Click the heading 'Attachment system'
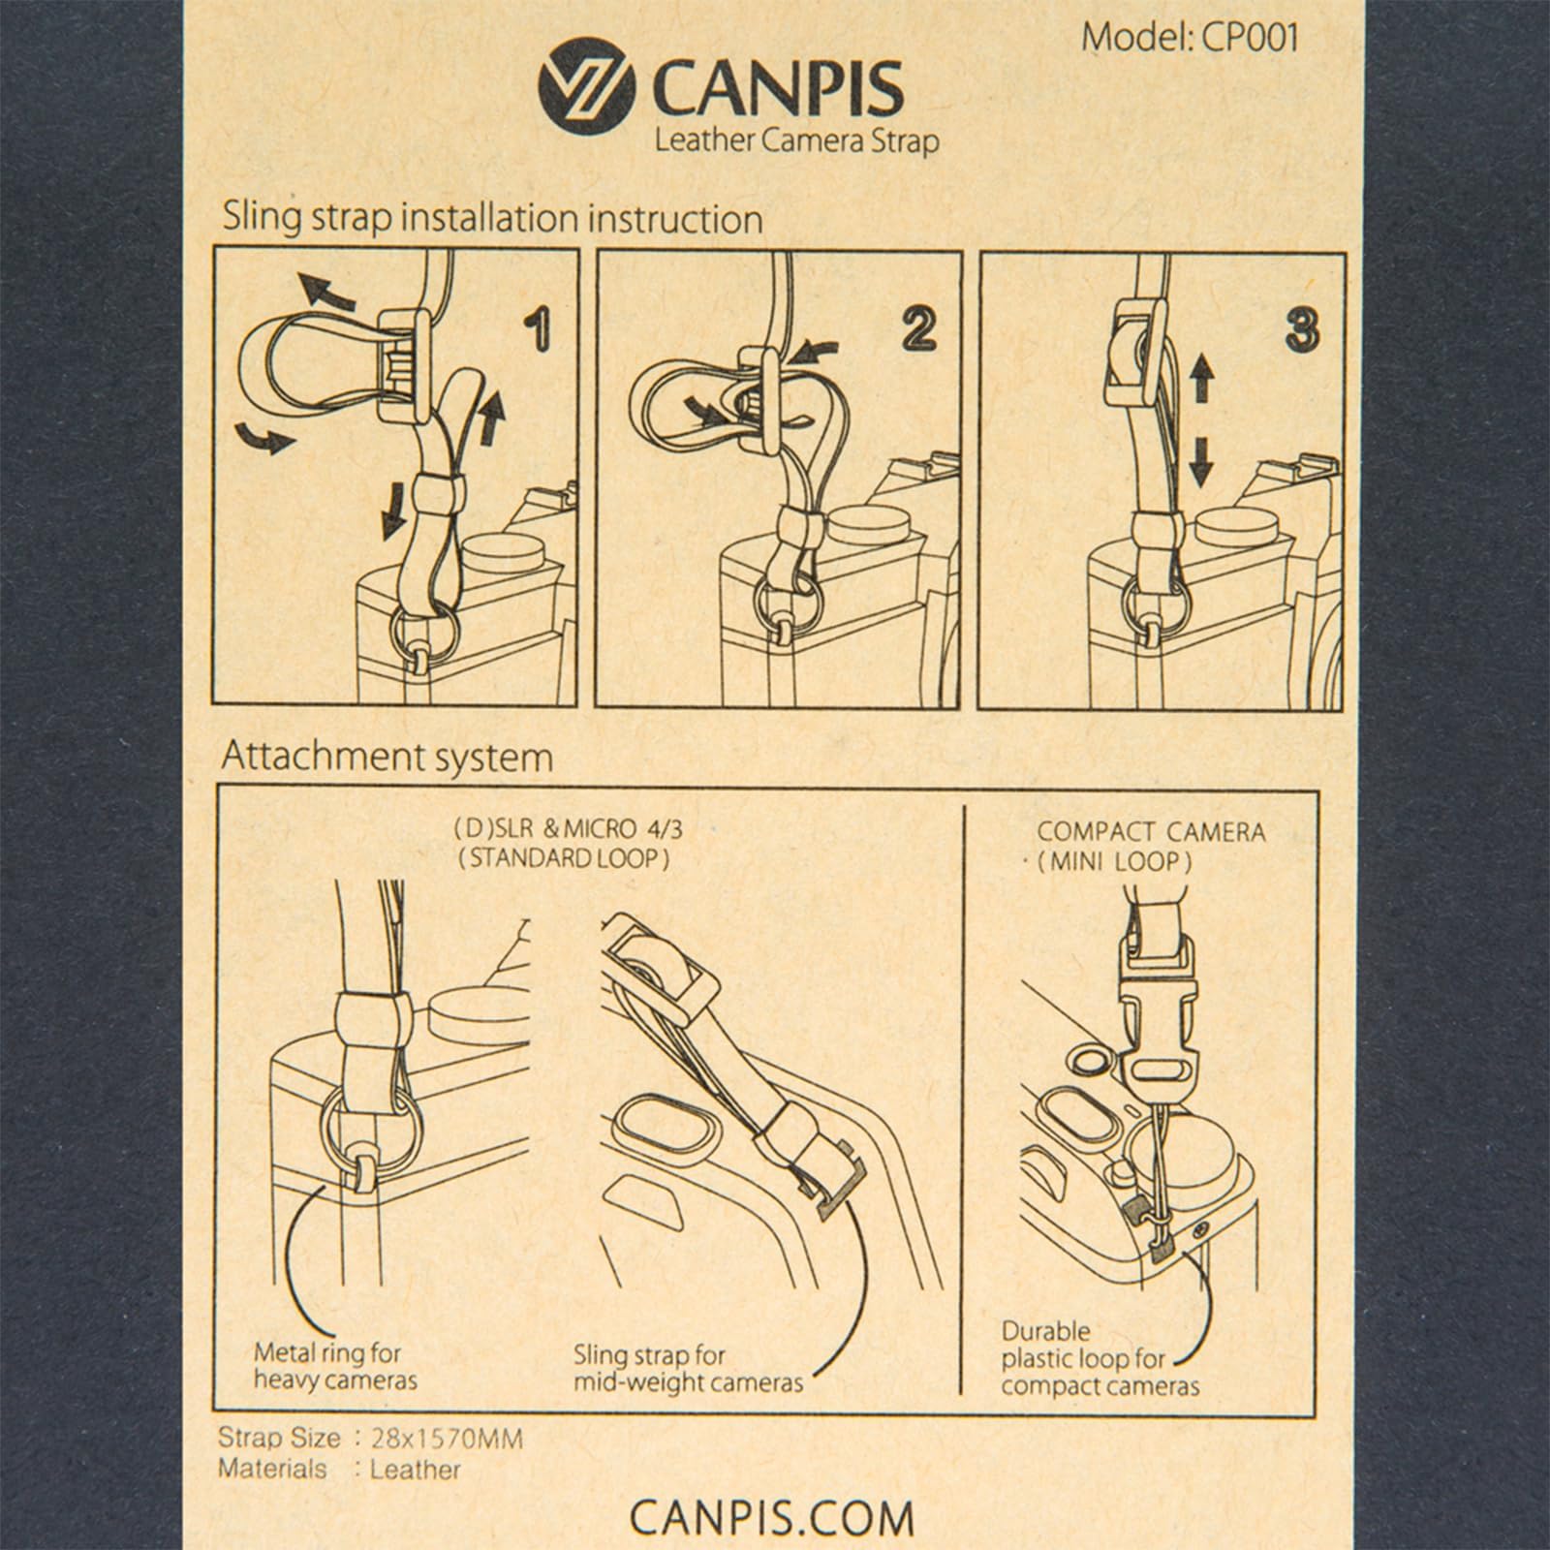[387, 757]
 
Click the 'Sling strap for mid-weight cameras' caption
[688, 1367]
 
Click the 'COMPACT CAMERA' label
[1151, 831]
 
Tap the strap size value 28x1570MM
[446, 1439]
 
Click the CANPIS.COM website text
[771, 1517]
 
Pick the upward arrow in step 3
[1201, 378]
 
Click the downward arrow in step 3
[1200, 460]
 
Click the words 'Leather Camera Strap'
[796, 141]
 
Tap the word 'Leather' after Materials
[415, 1469]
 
